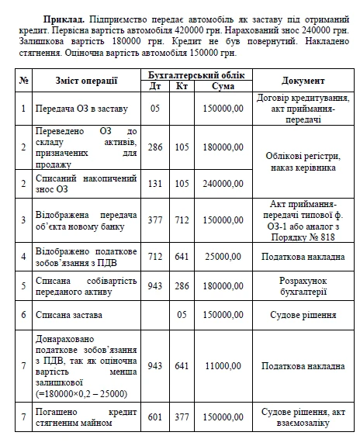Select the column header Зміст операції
(x=86, y=81)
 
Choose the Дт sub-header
(x=155, y=86)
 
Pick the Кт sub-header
(x=181, y=86)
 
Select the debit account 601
(x=155, y=417)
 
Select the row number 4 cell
(x=24, y=254)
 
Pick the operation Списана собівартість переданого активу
(x=86, y=285)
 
